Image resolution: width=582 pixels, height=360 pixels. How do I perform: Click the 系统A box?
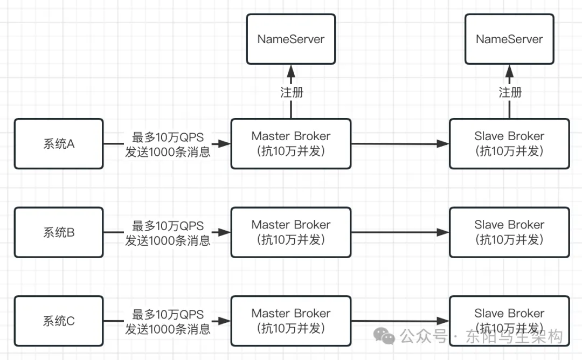pos(58,144)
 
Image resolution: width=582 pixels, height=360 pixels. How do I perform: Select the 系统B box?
pos(58,233)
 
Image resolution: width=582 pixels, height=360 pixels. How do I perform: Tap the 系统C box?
pos(58,321)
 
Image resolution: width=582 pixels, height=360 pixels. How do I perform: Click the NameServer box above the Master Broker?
pos(291,39)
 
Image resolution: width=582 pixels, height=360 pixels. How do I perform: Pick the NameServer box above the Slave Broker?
pos(509,39)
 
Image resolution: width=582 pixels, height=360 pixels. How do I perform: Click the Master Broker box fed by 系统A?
pos(291,143)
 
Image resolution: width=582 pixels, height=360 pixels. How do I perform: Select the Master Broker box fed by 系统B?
pos(291,232)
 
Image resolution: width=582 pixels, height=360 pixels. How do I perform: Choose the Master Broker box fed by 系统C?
pos(291,321)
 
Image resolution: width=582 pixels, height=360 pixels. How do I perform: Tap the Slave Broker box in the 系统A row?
pos(509,143)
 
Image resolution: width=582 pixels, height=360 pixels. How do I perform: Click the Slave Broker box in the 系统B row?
pos(509,232)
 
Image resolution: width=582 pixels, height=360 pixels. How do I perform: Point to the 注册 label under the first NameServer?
pos(292,92)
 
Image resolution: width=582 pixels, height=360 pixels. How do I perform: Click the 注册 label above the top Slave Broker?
pos(510,92)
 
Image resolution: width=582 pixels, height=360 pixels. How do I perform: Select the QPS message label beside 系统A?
pos(168,144)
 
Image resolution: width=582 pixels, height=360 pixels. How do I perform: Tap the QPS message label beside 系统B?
pos(168,233)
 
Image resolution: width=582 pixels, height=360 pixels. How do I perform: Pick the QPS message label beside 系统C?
pos(168,321)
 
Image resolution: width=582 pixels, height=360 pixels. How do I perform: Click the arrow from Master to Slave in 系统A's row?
pos(400,144)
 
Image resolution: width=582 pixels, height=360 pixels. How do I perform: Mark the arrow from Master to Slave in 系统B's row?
pos(400,232)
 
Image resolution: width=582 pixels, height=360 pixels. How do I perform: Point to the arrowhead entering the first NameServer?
pos(291,70)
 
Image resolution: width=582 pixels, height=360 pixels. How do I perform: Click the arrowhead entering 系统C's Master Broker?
pos(225,322)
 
